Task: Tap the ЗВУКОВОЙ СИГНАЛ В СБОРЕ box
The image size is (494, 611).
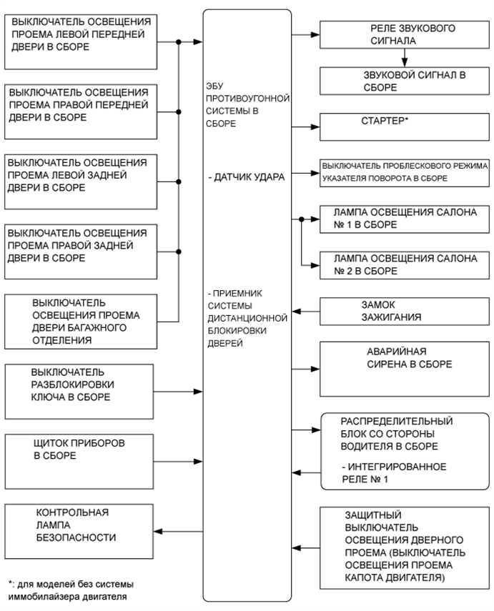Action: (x=404, y=81)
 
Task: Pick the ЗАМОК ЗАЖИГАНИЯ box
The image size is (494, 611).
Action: (x=404, y=310)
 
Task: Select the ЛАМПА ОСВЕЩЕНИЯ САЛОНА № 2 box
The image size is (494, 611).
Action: (x=404, y=264)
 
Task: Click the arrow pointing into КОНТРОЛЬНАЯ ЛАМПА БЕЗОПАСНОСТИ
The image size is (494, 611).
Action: (x=179, y=530)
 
